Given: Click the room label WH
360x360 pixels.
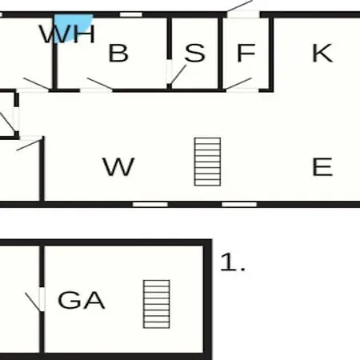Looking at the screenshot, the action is (67, 34).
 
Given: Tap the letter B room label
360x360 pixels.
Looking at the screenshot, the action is (118, 53).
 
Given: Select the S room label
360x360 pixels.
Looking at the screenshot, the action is (195, 53).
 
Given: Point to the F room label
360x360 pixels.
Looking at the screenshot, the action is (246, 53).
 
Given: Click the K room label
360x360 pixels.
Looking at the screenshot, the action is (322, 53).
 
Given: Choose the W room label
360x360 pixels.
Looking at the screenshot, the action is (118, 166).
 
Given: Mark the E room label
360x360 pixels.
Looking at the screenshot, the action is (322, 166).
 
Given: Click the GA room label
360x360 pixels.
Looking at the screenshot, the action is (82, 300).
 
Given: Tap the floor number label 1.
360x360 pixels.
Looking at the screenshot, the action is (233, 262).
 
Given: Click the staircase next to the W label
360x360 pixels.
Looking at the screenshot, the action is (207, 162).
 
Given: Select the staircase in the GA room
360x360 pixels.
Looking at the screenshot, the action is (156, 304).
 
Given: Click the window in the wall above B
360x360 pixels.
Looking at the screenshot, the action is (130, 14).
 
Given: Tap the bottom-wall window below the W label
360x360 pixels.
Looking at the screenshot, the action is (150, 205).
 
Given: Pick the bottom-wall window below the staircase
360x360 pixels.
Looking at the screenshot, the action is (239, 205).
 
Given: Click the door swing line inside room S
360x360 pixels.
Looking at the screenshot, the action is (178, 74).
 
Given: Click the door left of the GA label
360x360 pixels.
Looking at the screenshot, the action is (34, 302).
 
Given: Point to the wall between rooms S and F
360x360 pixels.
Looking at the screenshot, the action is (220, 54).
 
